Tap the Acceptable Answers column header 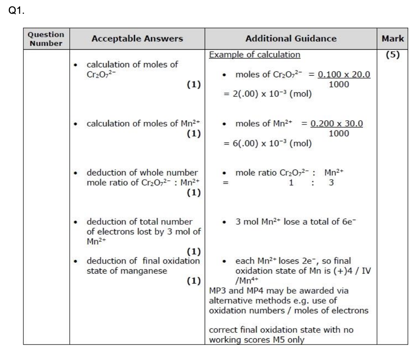[137, 39]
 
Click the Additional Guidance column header [291, 39]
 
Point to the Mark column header [392, 39]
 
